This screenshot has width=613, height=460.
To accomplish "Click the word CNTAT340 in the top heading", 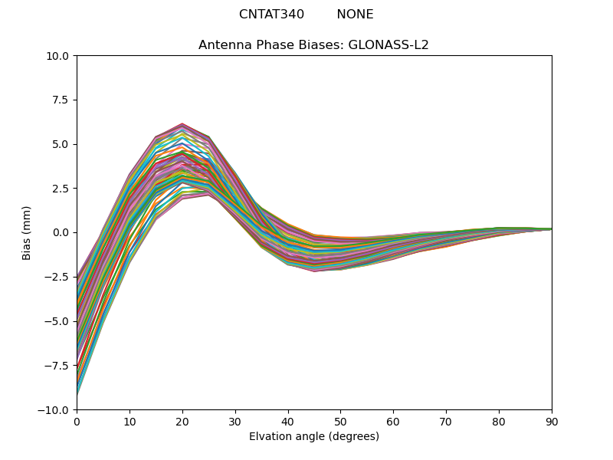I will click(x=271, y=15).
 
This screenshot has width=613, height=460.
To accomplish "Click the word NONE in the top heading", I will click(x=355, y=15).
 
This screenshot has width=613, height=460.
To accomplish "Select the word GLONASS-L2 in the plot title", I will click(x=388, y=45).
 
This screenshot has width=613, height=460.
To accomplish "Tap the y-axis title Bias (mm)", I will click(x=27, y=232).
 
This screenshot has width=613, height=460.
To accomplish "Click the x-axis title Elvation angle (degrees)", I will click(x=314, y=437).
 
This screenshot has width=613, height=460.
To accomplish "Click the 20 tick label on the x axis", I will click(x=182, y=421).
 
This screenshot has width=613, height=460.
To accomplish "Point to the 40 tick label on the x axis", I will click(x=288, y=421).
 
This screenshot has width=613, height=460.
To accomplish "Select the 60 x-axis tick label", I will click(x=393, y=421).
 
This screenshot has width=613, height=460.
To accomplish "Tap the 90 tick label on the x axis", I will click(x=552, y=421).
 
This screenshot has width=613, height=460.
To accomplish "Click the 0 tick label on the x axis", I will click(x=77, y=421).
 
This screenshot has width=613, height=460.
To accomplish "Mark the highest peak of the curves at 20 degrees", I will click(x=182, y=123).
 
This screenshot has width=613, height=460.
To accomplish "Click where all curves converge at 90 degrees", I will click(x=551, y=228).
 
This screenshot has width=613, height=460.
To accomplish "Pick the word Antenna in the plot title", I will click(x=223, y=45).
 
